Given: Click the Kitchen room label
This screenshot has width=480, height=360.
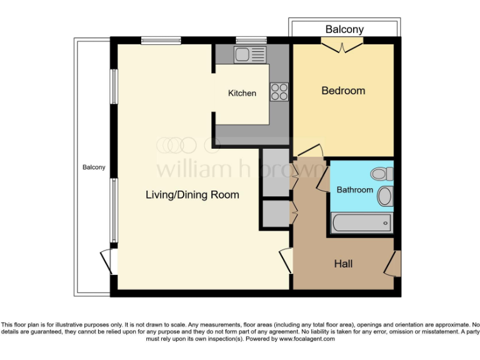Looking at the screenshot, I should click(x=242, y=93).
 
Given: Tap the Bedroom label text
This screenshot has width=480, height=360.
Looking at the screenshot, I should click(x=343, y=91).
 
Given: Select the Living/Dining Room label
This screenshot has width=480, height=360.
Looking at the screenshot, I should click(x=192, y=195).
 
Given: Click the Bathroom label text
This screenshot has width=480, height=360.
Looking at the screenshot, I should click(x=354, y=190).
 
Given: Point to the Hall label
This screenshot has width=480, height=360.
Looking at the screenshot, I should click(x=342, y=264).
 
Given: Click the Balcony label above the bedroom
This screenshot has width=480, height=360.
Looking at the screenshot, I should click(x=344, y=29).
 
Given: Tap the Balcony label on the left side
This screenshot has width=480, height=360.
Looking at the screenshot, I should click(x=94, y=167).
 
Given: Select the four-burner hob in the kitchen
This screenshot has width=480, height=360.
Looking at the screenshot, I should click(x=279, y=92).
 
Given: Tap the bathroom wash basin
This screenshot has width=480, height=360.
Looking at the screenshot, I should click(x=385, y=197).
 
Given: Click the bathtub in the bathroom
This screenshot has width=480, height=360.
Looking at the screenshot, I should click(x=361, y=222).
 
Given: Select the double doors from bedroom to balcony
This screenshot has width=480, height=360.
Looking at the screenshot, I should click(x=342, y=46).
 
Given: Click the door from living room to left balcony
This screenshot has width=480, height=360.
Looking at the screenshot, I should click(x=107, y=261).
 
